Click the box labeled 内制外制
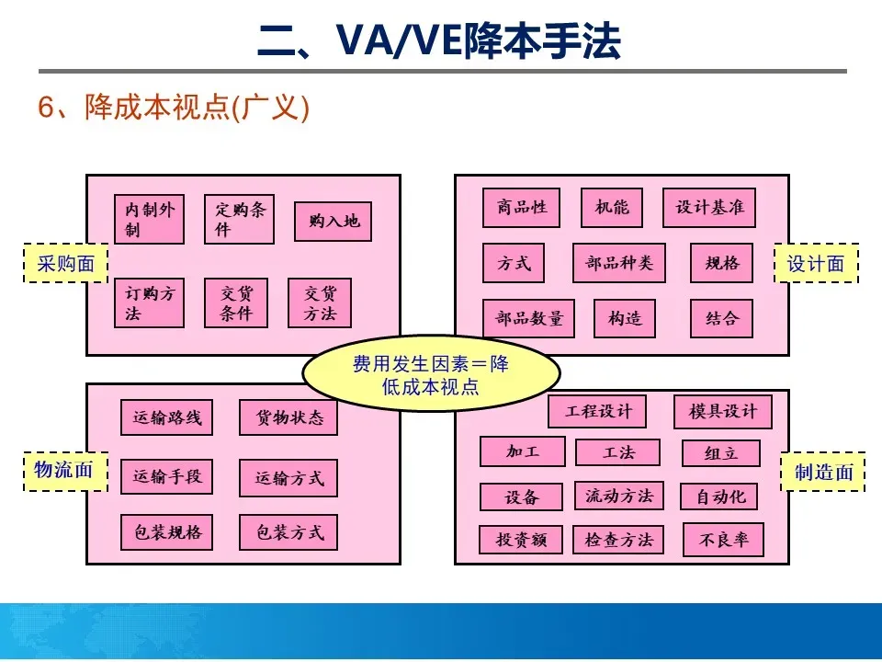coord(149,219)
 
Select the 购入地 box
coord(333,221)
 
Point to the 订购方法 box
coord(149,303)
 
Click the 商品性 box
coord(521,207)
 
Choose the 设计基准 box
coord(708,207)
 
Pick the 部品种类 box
coord(618,263)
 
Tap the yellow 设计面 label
coord(816,263)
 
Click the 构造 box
coord(625,318)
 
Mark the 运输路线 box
coord(166,417)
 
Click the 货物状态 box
coord(288,417)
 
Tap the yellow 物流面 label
coord(64,471)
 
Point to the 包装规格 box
coord(166,531)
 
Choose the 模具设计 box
coord(722,411)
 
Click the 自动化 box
coord(719,496)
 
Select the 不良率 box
coord(723,540)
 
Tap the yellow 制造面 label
coord(823,472)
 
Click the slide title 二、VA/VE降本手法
coord(441,40)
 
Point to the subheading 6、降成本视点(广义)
coord(174,108)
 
